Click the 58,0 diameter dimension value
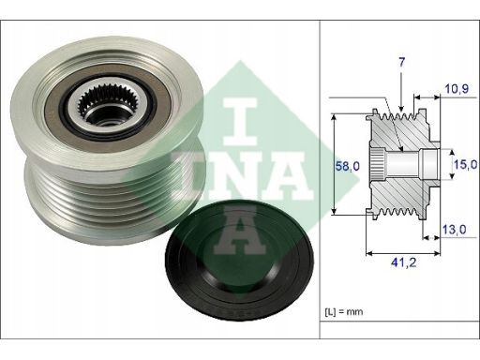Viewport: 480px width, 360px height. [348, 166]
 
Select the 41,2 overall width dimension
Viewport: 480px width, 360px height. [403, 262]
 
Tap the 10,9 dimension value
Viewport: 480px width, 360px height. [457, 89]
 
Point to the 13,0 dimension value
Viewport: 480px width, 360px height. [454, 230]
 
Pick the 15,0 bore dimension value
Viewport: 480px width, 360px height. [465, 164]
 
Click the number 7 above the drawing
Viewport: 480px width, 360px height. [401, 62]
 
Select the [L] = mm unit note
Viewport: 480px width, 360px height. [344, 311]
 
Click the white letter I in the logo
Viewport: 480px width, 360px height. [240, 122]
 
